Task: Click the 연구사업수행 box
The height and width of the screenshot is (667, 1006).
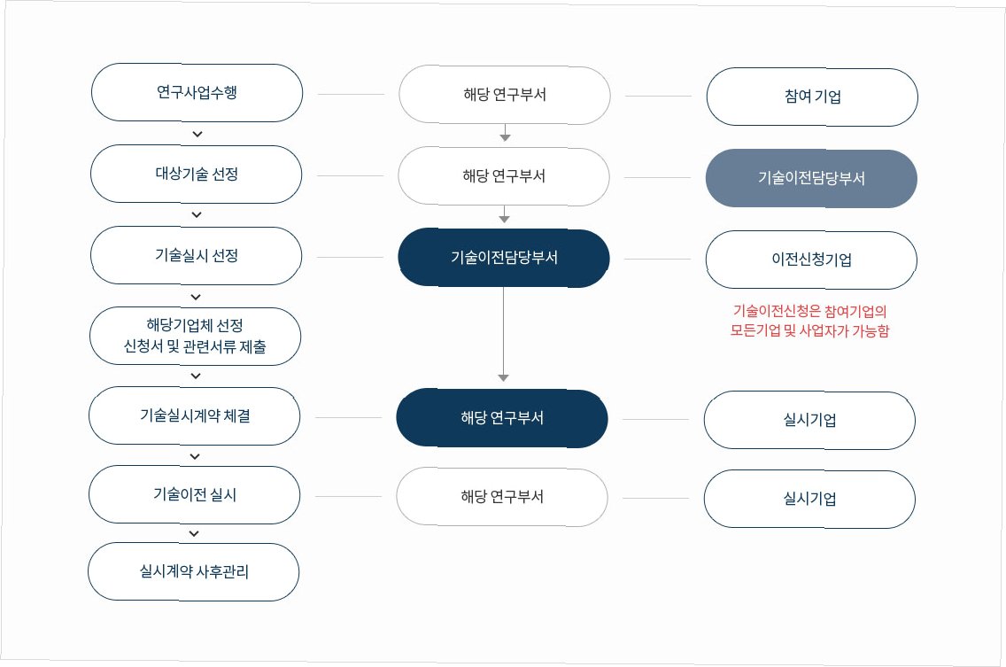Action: coord(197,92)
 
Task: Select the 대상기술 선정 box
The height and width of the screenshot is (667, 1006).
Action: coord(197,175)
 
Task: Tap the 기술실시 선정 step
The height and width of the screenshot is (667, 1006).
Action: coord(197,256)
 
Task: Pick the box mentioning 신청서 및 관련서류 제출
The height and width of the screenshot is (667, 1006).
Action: coord(196,337)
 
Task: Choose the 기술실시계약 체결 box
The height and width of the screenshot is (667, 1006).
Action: coord(195,415)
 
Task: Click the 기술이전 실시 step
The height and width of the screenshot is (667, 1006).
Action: coord(195,495)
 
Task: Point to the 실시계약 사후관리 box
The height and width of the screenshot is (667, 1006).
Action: coord(194,572)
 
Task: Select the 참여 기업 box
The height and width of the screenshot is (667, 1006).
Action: coord(812,97)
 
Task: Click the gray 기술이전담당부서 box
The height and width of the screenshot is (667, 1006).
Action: coord(811,178)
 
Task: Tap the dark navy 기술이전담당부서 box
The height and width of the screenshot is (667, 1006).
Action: coord(504,258)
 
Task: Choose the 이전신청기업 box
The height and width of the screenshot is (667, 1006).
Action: coord(811,260)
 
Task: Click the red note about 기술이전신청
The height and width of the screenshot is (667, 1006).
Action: coord(810,322)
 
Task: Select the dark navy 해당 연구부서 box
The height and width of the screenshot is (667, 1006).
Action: coord(502,418)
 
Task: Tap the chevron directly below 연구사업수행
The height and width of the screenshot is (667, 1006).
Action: coord(197,135)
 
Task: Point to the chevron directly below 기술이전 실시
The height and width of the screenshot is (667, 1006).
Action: coord(195,534)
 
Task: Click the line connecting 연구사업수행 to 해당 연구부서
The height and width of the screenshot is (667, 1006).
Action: coord(351,94)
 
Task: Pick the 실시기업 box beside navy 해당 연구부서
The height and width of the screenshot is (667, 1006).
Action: coord(809,420)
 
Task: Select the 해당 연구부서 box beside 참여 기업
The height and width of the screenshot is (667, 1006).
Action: coord(505,94)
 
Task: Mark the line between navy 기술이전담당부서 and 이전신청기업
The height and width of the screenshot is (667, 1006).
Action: coord(657,260)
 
